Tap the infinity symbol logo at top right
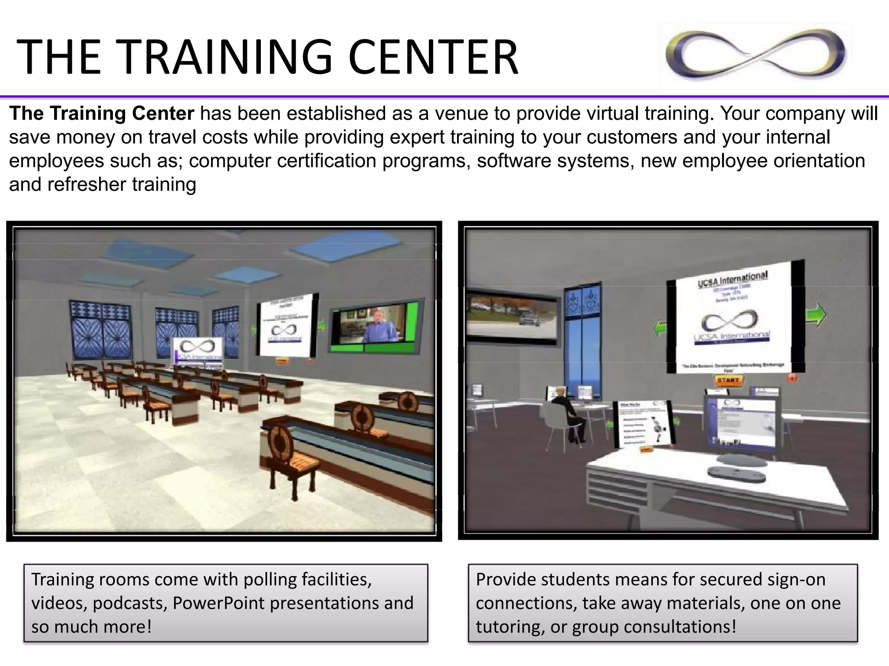[755, 57]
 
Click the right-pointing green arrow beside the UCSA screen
[816, 315]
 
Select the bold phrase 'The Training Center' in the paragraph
[102, 114]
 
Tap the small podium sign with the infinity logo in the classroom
[198, 353]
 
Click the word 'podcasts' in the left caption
[130, 603]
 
